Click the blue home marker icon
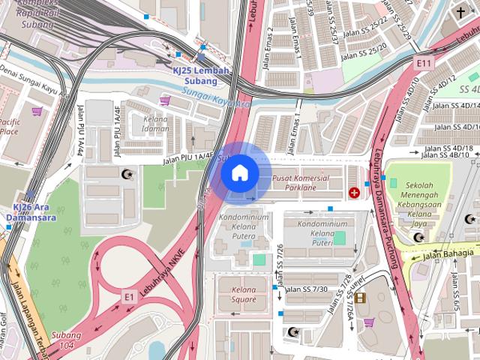click(x=240, y=173)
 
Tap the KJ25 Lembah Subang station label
click(x=201, y=75)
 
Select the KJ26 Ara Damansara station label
click(x=34, y=212)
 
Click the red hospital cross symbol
click(x=354, y=193)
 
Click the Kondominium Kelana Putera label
click(x=243, y=223)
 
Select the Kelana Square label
click(x=244, y=295)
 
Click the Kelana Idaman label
click(x=156, y=124)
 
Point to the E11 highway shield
click(x=425, y=63)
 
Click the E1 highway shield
click(x=129, y=297)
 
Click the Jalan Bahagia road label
click(x=448, y=253)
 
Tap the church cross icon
click(x=460, y=13)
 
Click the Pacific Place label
click(x=9, y=126)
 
